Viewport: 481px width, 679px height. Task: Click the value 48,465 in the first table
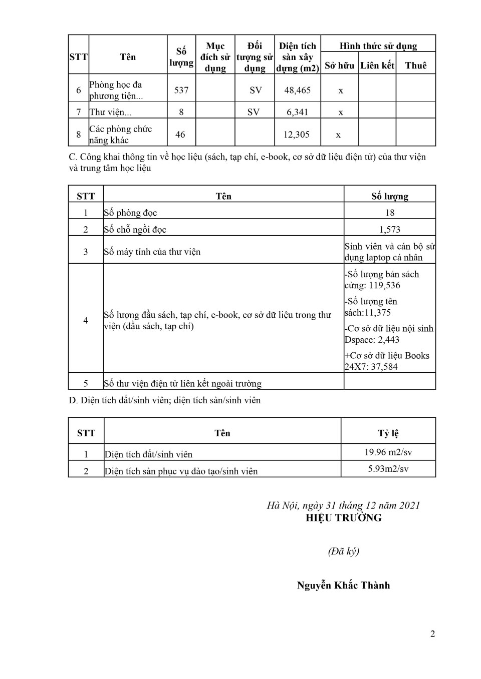click(298, 90)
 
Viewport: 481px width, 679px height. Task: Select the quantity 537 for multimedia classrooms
click(181, 90)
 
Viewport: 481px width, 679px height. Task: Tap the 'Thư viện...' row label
click(110, 112)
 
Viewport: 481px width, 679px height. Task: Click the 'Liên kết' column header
click(377, 66)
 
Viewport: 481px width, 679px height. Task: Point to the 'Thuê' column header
click(416, 66)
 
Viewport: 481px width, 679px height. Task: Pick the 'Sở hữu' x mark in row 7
click(341, 113)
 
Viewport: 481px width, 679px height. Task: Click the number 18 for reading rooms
click(390, 213)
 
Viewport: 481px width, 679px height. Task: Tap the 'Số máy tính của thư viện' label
click(152, 252)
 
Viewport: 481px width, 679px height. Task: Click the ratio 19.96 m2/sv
click(388, 452)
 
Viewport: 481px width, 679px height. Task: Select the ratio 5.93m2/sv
click(388, 469)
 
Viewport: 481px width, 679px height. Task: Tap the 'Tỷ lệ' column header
click(388, 433)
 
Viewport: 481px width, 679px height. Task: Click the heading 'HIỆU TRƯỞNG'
click(344, 518)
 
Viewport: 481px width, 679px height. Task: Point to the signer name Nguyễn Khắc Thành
click(343, 585)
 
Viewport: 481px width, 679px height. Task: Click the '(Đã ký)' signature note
click(343, 551)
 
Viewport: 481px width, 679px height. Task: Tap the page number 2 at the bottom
click(432, 634)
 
